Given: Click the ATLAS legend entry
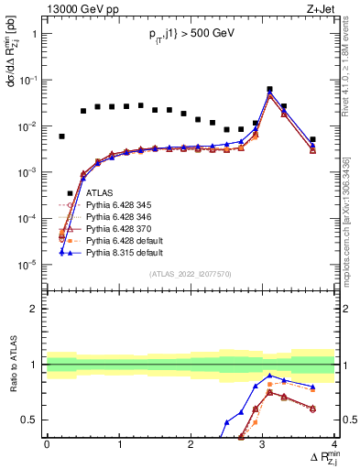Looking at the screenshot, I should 99,193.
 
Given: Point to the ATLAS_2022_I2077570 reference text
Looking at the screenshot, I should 191,274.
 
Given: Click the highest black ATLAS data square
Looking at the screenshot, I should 269,90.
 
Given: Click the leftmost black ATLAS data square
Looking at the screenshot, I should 61,136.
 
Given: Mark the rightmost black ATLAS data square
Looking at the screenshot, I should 312,140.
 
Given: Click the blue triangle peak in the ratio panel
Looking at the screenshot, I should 269,376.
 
